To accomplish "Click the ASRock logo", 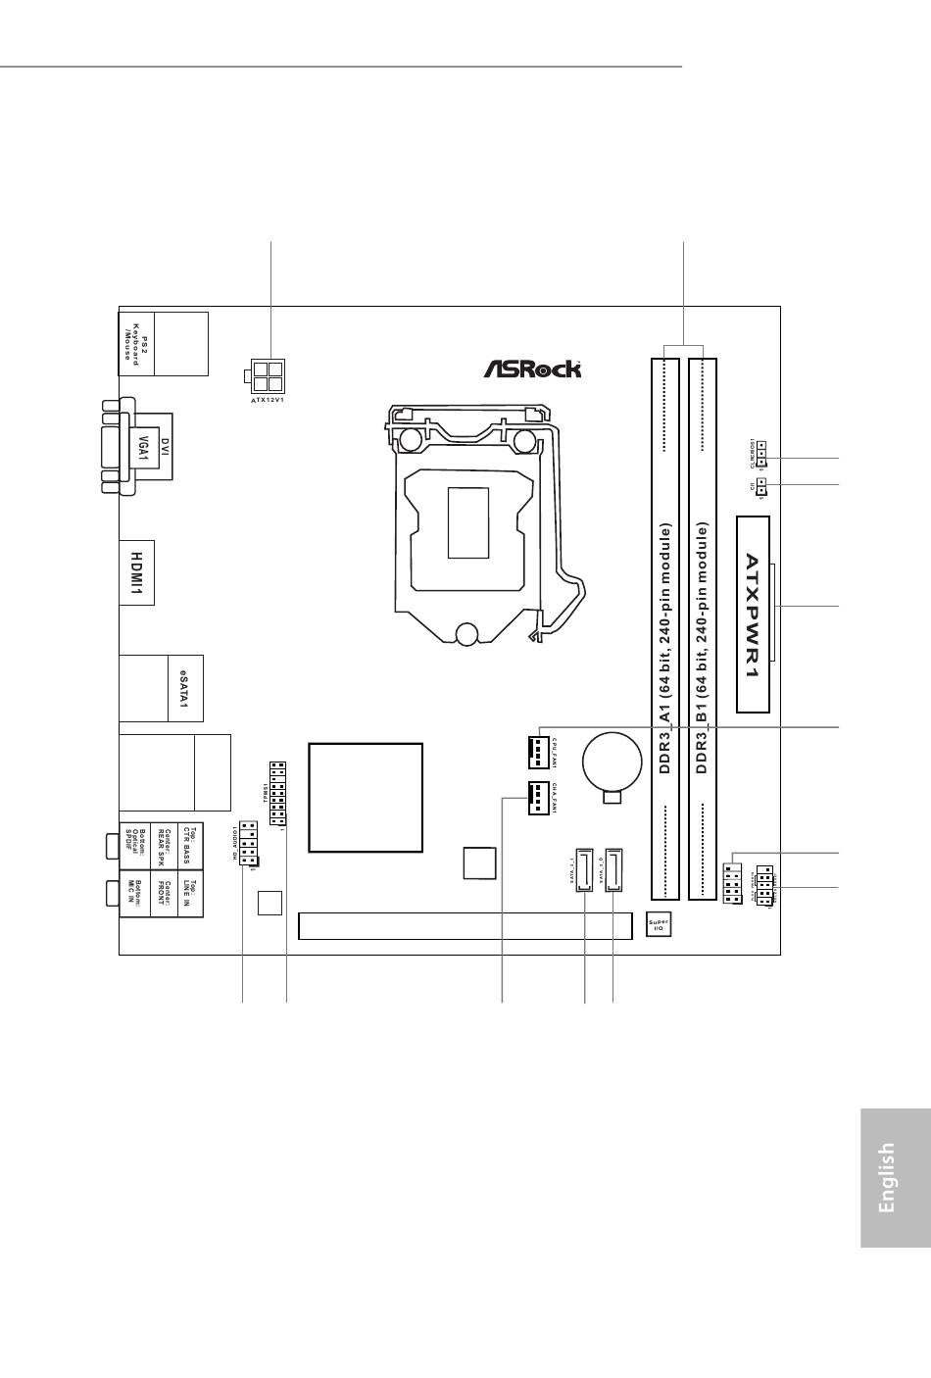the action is click(532, 369).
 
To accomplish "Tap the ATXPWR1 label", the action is click(754, 615).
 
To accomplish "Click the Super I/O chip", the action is click(659, 925).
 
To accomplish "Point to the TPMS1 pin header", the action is click(276, 793).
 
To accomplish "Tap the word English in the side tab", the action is click(886, 1177).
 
